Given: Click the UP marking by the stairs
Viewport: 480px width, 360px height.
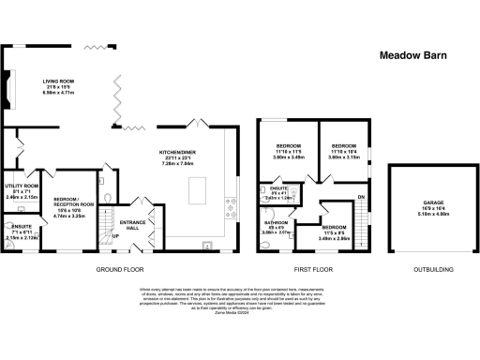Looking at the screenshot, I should (x=115, y=235).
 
